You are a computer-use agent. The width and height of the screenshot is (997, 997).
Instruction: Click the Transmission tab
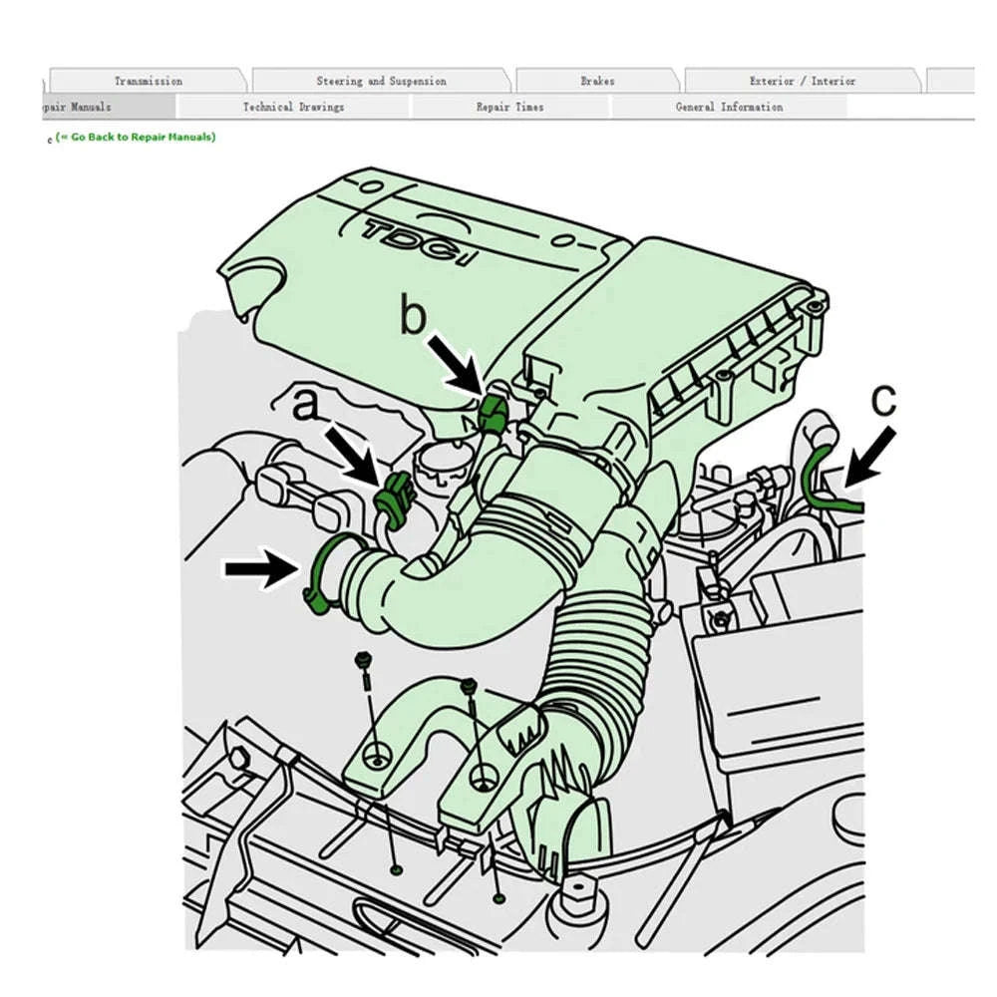tap(148, 81)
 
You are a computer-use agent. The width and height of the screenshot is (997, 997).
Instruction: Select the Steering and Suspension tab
tap(381, 81)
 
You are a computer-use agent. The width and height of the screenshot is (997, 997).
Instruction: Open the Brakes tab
tap(597, 81)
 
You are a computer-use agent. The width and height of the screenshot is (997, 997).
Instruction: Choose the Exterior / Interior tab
tap(802, 81)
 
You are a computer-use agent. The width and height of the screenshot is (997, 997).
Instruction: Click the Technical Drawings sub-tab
tap(293, 107)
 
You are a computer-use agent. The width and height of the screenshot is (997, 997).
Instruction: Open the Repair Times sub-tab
tap(509, 107)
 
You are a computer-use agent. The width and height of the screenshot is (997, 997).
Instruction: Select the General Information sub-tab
tap(729, 107)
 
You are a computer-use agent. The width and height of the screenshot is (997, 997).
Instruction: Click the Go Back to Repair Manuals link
tap(136, 137)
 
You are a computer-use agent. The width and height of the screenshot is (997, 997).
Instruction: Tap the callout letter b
tap(413, 317)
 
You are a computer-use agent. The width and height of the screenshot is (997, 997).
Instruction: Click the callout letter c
tap(883, 400)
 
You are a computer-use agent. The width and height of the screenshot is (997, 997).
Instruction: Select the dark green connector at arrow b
tap(492, 412)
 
